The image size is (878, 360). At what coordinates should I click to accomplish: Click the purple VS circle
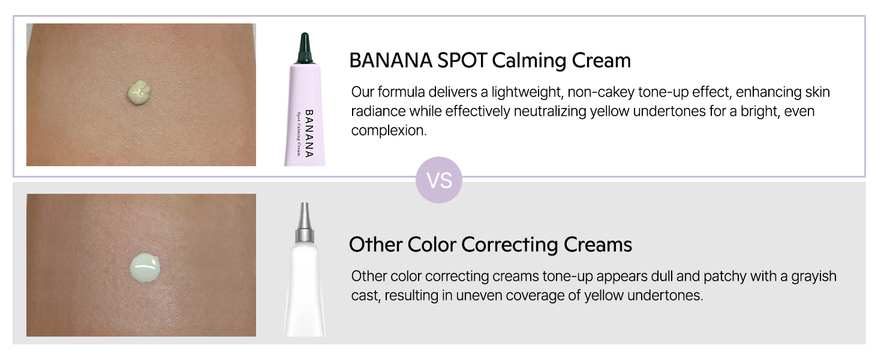point(438,180)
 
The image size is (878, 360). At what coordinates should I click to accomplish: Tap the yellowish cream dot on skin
point(139,92)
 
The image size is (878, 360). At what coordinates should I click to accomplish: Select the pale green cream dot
point(145,268)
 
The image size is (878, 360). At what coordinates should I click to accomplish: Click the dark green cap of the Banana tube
point(305,48)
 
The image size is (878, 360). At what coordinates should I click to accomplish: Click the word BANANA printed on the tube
point(309,133)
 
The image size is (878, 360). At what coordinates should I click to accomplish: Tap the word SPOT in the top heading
point(462,61)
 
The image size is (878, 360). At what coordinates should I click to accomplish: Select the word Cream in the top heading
point(601,61)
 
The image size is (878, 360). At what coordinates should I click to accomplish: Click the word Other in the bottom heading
point(375,244)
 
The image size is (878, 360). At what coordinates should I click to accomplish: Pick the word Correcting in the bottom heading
point(510,245)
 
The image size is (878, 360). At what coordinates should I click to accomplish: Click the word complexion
point(389,131)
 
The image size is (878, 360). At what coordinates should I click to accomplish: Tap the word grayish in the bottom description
point(814,277)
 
